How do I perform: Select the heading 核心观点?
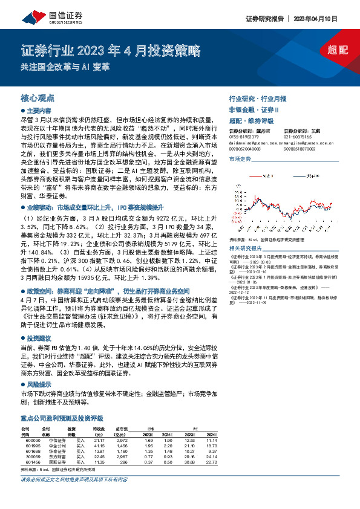38,97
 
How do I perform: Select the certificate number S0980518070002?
301,148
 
